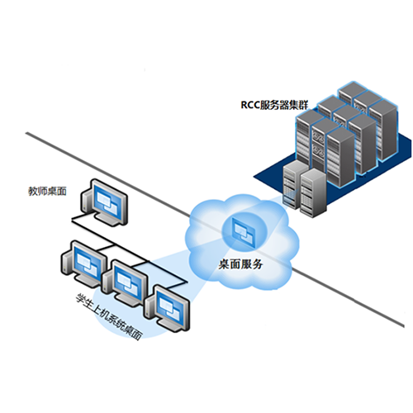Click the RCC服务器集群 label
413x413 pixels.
pyautogui.click(x=274, y=105)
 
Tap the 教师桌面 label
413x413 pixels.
pyautogui.click(x=48, y=192)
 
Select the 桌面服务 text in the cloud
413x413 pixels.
pyautogui.click(x=240, y=264)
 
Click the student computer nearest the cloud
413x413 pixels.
pyautogui.click(x=168, y=308)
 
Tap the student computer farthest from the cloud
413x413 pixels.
pyautogui.click(x=84, y=263)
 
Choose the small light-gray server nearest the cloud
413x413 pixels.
pyautogui.click(x=292, y=184)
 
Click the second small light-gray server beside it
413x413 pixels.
pyautogui.click(x=313, y=192)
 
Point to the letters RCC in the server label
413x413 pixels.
pyautogui.click(x=250, y=106)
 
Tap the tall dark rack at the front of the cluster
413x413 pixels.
pyautogui.click(x=340, y=157)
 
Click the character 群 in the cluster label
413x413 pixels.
pyautogui.click(x=303, y=105)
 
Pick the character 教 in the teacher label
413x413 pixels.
pyautogui.click(x=33, y=192)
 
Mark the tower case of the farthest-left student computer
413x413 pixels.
pyautogui.click(x=65, y=262)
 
